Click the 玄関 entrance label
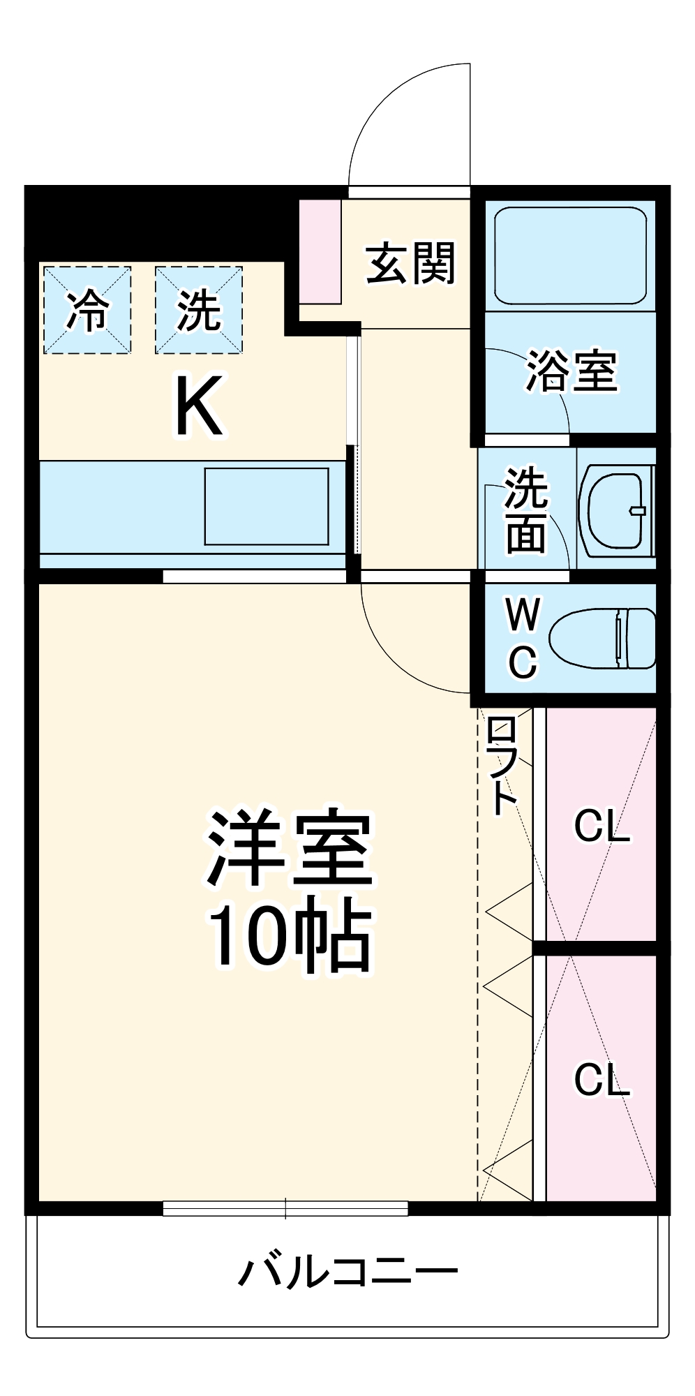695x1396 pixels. tap(410, 263)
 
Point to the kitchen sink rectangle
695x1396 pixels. tap(266, 506)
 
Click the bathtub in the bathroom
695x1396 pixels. tap(570, 255)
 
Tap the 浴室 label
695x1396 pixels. tap(571, 371)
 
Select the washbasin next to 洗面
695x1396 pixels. tap(616, 510)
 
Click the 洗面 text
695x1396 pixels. tap(526, 511)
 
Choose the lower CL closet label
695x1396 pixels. tap(601, 1080)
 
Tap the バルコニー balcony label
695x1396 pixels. tap(347, 1272)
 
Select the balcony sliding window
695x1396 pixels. tap(285, 1208)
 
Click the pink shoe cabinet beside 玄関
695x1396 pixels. tap(320, 251)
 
